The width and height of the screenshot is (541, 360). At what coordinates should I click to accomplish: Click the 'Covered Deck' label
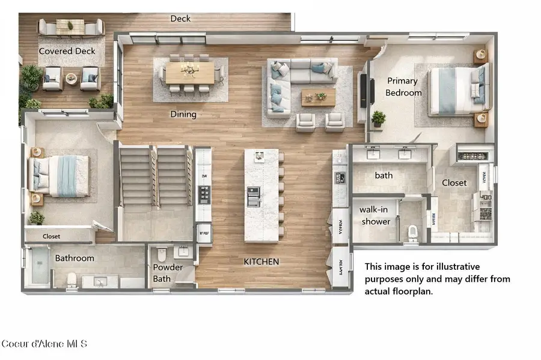[67, 51]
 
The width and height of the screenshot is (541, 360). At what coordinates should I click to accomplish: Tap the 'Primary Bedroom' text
[403, 87]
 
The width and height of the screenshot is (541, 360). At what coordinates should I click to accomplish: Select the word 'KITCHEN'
[261, 262]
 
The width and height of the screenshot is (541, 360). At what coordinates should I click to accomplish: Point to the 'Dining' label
[183, 114]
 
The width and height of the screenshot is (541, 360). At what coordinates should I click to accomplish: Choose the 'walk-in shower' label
[376, 215]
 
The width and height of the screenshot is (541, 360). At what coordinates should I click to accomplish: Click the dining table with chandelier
[190, 73]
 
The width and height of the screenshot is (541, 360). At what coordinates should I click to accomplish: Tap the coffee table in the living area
[318, 97]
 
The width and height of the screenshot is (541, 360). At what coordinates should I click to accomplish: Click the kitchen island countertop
[261, 195]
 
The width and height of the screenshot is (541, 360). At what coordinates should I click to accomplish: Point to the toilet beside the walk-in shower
[413, 233]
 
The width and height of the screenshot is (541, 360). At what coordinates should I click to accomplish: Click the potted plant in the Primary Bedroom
[379, 118]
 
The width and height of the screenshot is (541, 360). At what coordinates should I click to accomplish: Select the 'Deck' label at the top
[180, 19]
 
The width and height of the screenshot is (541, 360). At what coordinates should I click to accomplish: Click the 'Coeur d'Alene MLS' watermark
[44, 344]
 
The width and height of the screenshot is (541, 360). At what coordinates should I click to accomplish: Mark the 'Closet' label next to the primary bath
[454, 183]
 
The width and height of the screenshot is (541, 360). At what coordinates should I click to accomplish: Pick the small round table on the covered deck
[72, 78]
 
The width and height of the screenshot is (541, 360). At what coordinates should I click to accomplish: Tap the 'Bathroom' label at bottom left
[75, 258]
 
